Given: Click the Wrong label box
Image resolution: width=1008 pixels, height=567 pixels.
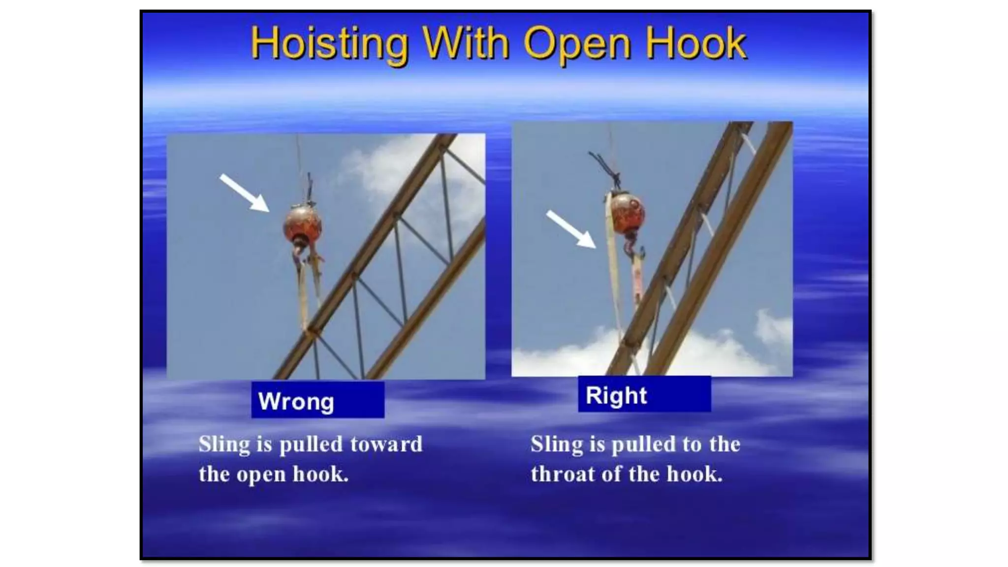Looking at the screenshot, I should [317, 400].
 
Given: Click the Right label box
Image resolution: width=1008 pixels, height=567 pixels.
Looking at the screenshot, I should [644, 394].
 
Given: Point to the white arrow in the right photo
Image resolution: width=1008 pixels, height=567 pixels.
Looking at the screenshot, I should [571, 229].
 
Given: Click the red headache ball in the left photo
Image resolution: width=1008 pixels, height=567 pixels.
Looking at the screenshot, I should [303, 224].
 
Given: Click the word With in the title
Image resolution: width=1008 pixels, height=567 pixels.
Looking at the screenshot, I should [466, 44].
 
